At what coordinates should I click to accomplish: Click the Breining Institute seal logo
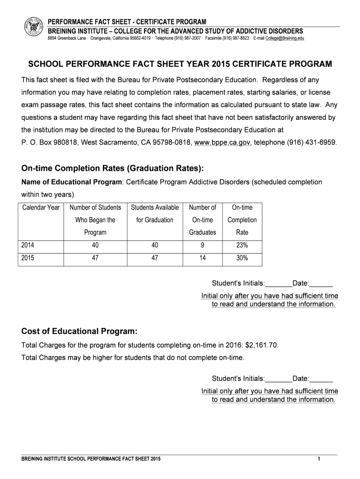[x=33, y=29]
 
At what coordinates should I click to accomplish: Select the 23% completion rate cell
[x=242, y=245]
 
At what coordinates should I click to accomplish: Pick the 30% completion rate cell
[x=242, y=258]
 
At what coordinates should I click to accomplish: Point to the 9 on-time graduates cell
[x=202, y=245]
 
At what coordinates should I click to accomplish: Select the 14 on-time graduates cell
[x=202, y=258]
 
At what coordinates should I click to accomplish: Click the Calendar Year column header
[x=41, y=207]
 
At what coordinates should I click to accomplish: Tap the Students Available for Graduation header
[x=155, y=214]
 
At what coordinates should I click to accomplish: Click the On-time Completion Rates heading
[x=113, y=168]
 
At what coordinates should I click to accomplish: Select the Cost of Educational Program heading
[x=79, y=332]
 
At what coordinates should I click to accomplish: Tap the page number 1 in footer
[x=318, y=459]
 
